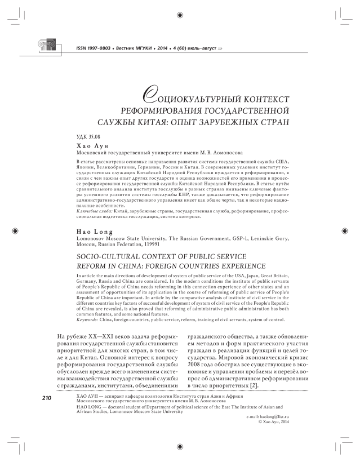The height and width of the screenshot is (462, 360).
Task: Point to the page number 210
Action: click(x=47, y=398)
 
